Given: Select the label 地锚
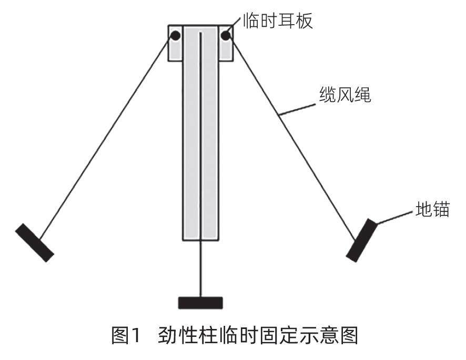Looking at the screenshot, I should point(431,210).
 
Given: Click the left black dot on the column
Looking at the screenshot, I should point(175,36).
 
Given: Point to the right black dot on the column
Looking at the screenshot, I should point(226,36).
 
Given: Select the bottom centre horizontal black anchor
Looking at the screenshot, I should point(200,303).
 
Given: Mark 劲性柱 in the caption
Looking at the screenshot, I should point(184,336).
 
